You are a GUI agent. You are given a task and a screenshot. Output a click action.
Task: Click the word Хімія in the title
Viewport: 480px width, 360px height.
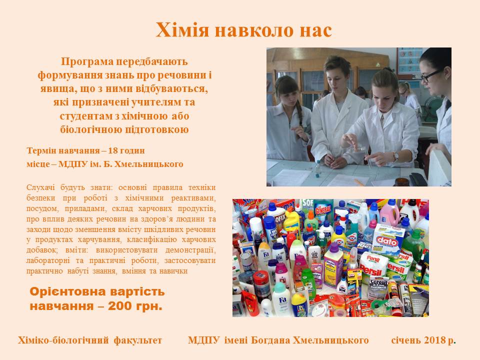[x=182, y=30]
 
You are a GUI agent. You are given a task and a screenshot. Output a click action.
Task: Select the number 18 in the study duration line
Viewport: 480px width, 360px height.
[x=113, y=150]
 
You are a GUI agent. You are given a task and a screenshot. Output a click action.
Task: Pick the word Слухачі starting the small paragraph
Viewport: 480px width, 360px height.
[x=41, y=187]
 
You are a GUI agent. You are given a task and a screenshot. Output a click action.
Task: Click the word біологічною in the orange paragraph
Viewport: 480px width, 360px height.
[x=91, y=129]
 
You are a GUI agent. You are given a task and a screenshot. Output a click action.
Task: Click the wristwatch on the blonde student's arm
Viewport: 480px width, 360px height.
[x=395, y=156]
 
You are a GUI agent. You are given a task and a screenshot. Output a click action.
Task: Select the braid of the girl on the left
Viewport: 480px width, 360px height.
[x=299, y=114]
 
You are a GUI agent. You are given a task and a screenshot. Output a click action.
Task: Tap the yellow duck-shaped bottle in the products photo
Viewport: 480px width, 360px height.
[x=292, y=220]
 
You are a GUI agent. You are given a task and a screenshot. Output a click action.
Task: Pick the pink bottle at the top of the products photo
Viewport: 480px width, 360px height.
[x=389, y=212]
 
